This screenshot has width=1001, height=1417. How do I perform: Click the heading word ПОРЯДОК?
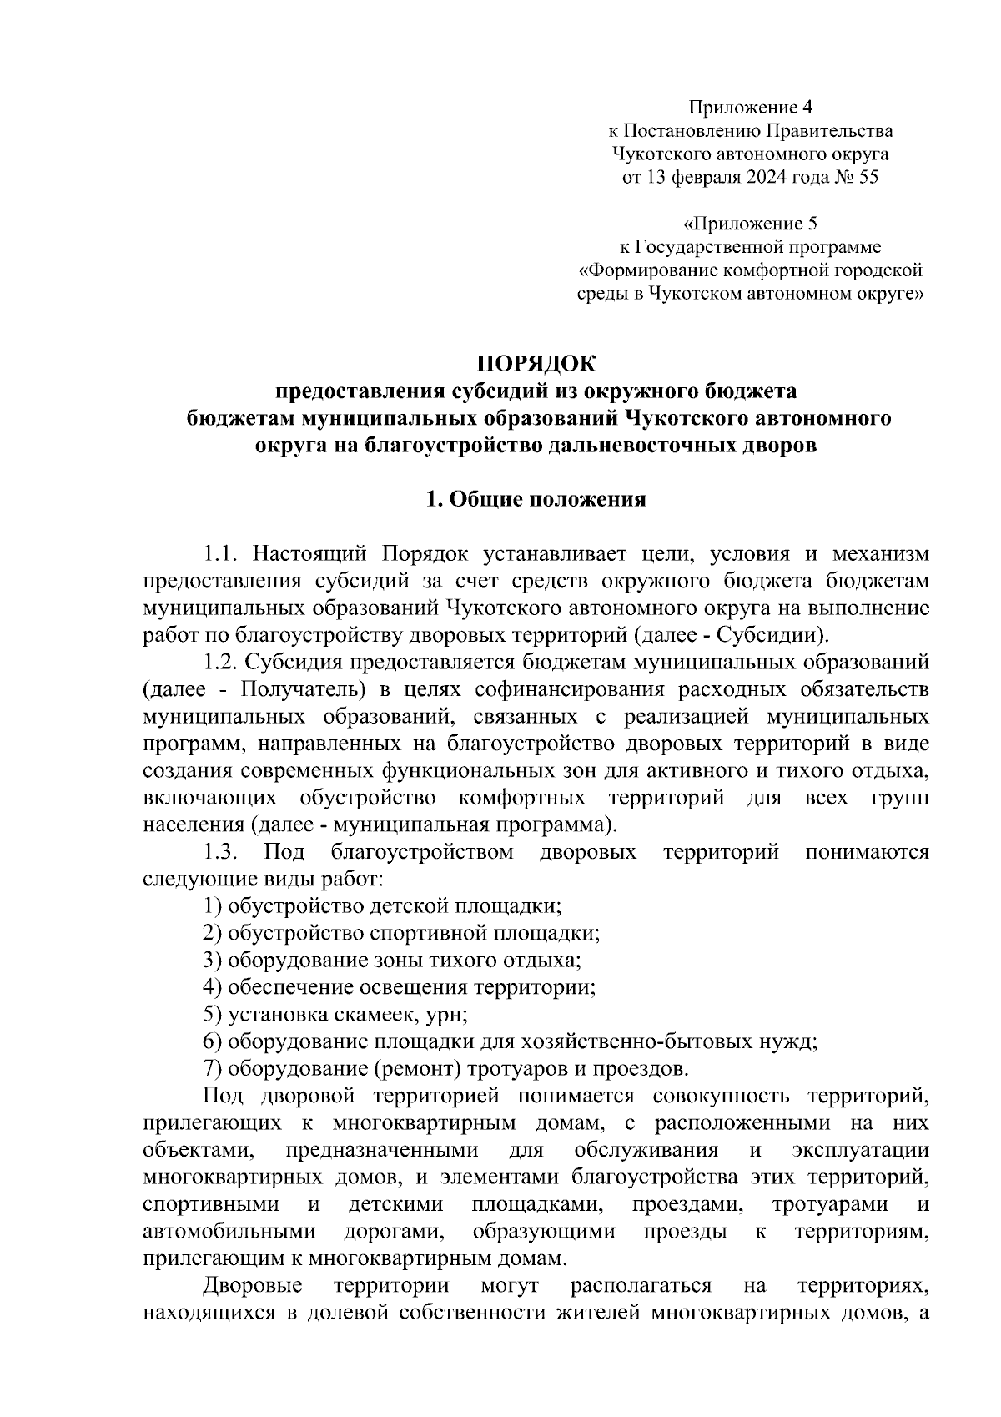[x=537, y=364]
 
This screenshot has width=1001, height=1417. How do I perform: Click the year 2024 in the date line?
[x=769, y=178]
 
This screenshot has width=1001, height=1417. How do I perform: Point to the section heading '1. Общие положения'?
[x=536, y=500]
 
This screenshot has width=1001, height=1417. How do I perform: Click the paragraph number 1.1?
[x=222, y=554]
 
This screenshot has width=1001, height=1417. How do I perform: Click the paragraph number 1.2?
[x=222, y=663]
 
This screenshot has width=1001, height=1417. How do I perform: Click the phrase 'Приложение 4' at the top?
[x=749, y=108]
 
